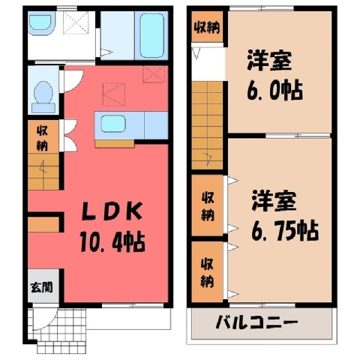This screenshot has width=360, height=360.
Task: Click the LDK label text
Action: click(112, 211)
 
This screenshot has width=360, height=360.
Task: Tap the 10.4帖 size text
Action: click(112, 241)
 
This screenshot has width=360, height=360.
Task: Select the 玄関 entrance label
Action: click(42, 287)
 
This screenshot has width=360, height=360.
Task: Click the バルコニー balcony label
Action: click(257, 322)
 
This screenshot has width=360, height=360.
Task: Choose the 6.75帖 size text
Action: click(285, 230)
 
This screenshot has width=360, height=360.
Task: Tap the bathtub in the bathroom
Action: click(152, 35)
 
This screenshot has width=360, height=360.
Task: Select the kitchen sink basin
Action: click(113, 124)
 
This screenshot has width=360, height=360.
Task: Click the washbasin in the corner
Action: click(40, 23)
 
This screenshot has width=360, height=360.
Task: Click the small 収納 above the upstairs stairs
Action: click(207, 27)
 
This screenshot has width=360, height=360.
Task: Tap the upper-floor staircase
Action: click(207, 125)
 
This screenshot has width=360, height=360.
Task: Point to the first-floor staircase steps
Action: click(43, 172)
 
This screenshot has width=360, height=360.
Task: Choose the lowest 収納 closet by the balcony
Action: click(207, 271)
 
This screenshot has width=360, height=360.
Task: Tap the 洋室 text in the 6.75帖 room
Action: click(274, 200)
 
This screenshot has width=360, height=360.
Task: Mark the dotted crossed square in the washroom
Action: click(76, 22)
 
